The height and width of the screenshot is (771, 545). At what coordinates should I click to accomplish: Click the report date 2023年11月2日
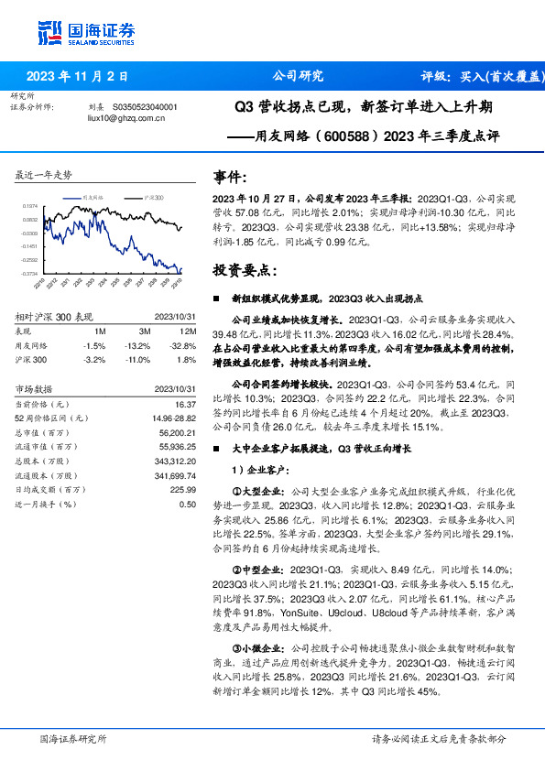[78, 76]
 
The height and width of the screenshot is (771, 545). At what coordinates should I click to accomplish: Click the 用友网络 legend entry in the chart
[93, 197]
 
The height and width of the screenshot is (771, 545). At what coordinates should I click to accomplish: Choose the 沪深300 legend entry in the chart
[153, 197]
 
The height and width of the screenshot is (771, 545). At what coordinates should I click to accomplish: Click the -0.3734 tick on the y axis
[30, 273]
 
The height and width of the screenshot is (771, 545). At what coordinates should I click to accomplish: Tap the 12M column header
[188, 331]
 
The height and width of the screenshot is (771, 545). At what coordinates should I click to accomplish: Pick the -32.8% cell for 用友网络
[184, 345]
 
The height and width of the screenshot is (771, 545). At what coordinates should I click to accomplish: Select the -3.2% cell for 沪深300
[94, 360]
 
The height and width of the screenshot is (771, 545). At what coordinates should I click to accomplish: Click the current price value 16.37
[185, 404]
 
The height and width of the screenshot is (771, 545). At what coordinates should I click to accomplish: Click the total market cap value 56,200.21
[173, 432]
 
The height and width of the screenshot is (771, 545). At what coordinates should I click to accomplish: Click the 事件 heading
[229, 178]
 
